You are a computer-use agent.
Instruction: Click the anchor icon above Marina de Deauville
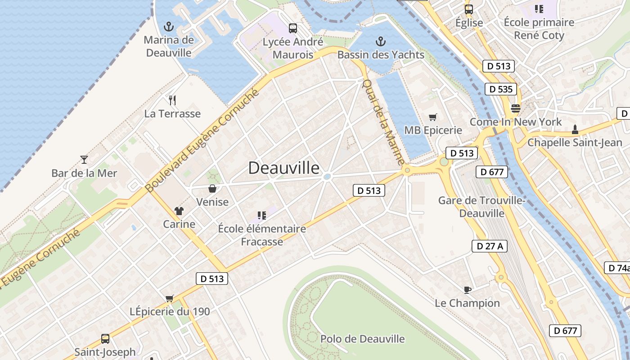click(169, 26)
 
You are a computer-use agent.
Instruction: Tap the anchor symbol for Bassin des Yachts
click(381, 42)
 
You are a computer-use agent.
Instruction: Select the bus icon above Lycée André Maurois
click(293, 28)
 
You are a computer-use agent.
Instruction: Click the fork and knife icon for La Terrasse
click(172, 100)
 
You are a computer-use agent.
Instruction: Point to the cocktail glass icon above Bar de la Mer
click(84, 159)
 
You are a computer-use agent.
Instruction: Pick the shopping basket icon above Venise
click(212, 189)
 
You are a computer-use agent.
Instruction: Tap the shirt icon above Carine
click(179, 211)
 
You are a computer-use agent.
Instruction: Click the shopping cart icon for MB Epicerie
click(433, 117)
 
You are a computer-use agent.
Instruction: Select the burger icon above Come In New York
click(515, 108)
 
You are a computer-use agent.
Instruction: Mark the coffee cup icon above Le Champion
click(467, 289)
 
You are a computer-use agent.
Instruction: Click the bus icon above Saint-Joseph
click(105, 338)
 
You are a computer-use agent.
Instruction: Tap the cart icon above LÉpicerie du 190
click(170, 298)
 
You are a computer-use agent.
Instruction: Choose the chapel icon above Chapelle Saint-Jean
click(575, 130)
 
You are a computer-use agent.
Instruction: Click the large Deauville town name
click(284, 168)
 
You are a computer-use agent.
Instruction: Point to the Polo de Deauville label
click(362, 339)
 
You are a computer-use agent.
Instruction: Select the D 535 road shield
click(500, 89)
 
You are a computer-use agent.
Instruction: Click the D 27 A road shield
click(489, 246)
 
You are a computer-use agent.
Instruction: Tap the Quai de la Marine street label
click(383, 122)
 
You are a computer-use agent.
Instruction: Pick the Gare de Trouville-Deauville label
click(482, 207)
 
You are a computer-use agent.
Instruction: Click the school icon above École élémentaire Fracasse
click(261, 216)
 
